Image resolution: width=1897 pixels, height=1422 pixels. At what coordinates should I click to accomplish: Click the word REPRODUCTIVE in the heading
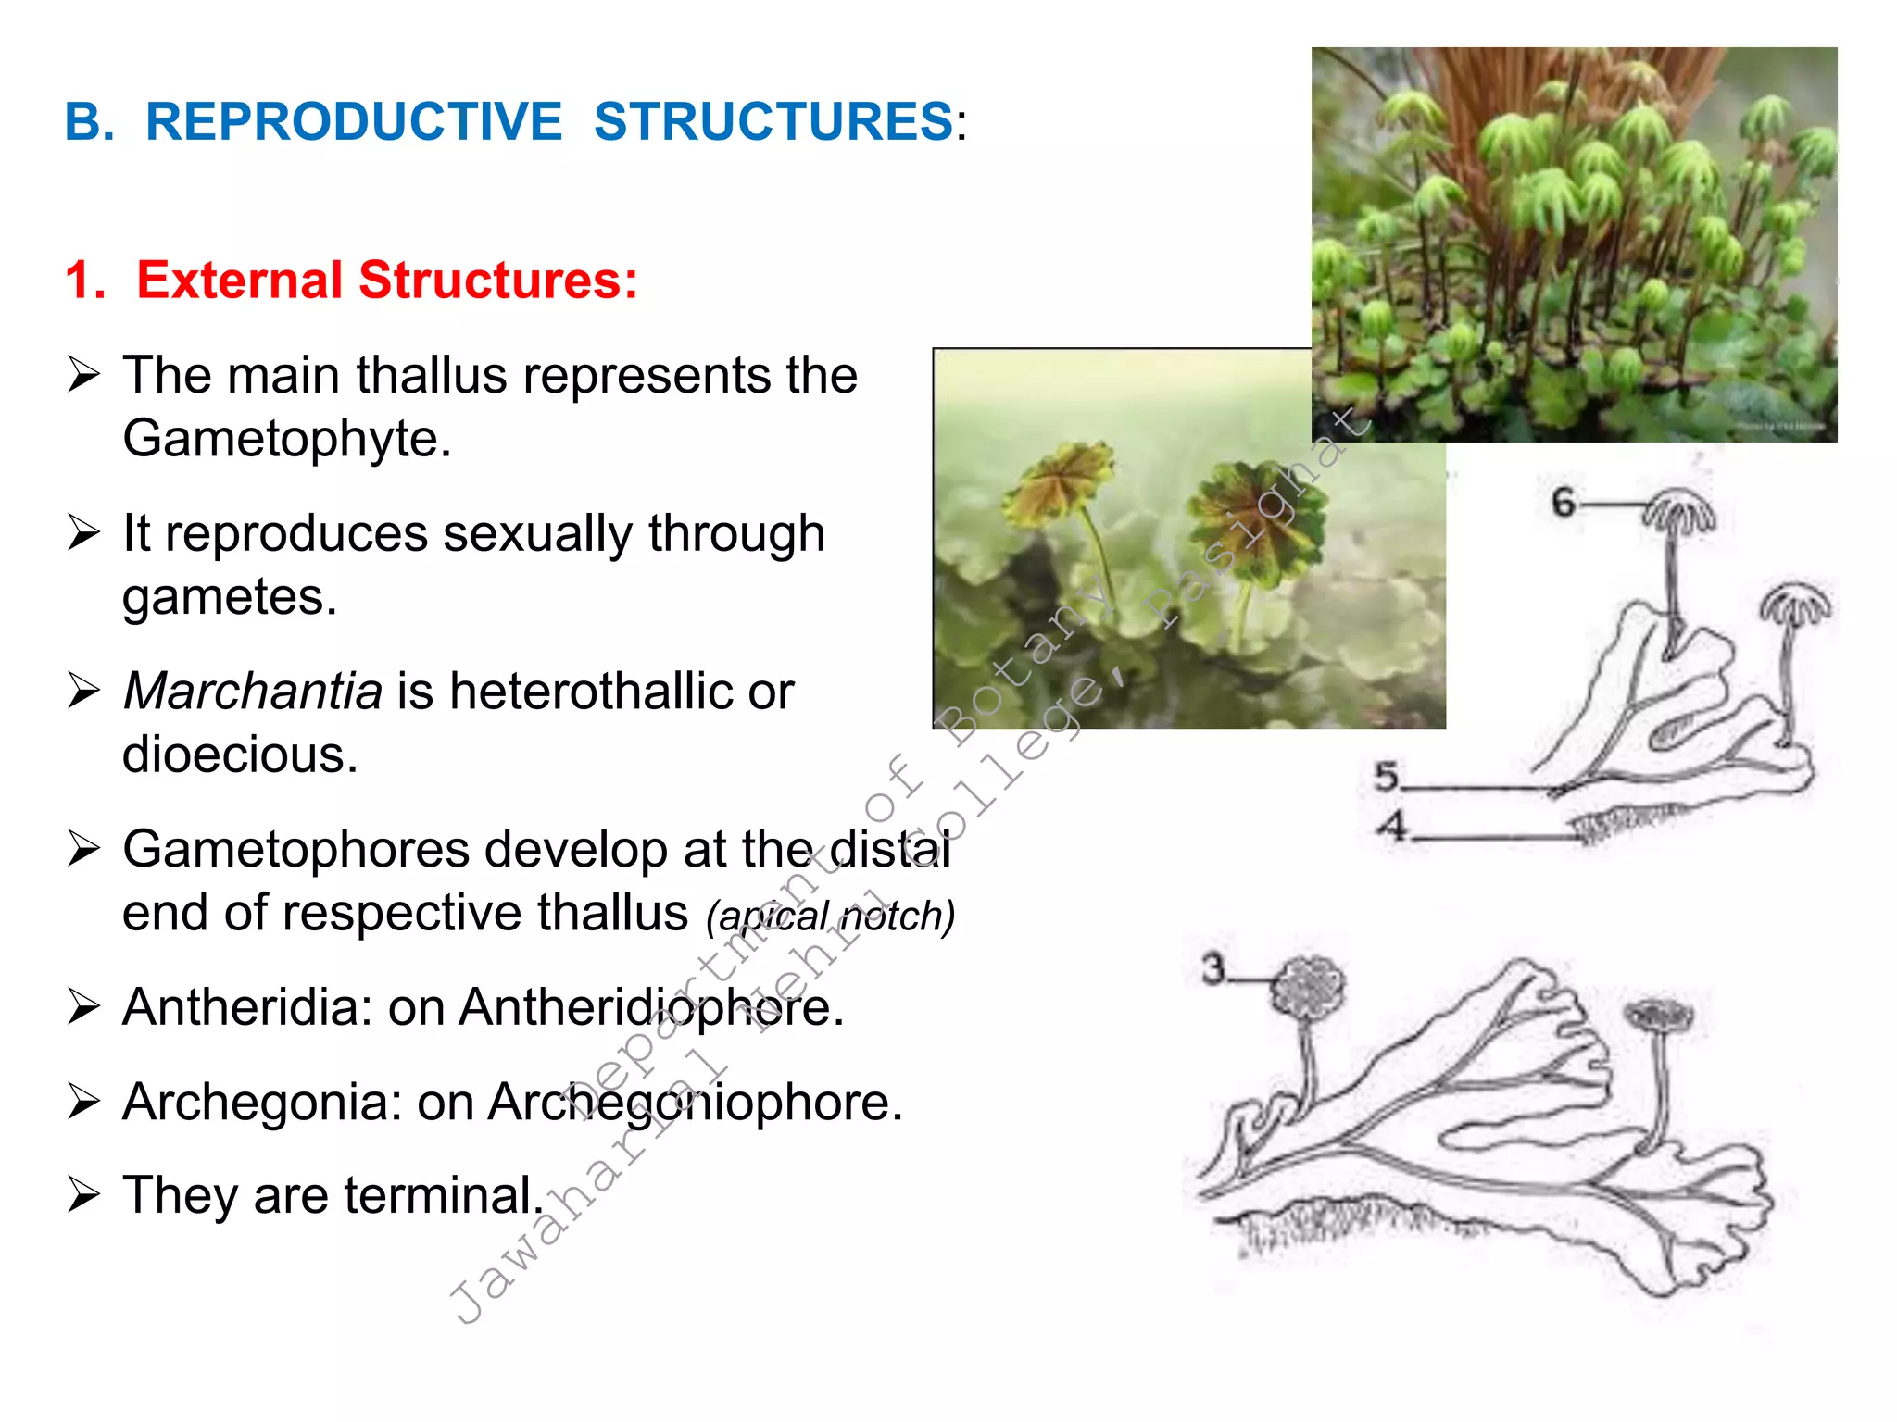tap(354, 122)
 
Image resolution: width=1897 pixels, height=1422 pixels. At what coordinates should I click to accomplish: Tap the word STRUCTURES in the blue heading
tap(773, 122)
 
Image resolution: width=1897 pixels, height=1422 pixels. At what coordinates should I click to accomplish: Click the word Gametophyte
tap(286, 439)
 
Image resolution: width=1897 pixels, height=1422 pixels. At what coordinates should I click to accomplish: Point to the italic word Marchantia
tap(253, 692)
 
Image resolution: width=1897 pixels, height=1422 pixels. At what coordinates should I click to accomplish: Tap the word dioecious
tap(240, 755)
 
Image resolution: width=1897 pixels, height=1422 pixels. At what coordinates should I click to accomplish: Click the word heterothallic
tap(594, 692)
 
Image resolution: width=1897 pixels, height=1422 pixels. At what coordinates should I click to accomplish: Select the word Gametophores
tap(296, 850)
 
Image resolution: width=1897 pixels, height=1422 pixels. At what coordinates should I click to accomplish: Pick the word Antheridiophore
tap(649, 1007)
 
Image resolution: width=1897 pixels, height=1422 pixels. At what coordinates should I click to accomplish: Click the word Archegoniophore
tap(695, 1103)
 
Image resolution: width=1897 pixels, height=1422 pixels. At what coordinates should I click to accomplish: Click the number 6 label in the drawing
tap(1564, 503)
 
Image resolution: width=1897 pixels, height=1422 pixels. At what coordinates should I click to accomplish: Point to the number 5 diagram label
tap(1387, 777)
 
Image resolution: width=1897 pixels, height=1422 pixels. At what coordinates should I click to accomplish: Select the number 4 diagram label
tap(1391, 825)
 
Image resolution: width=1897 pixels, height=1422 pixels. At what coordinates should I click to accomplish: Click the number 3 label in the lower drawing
tap(1213, 969)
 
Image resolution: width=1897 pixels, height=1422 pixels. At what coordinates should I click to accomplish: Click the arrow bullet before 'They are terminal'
tap(83, 1195)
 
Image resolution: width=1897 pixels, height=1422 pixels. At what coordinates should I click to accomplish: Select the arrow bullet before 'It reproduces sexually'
tap(83, 533)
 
